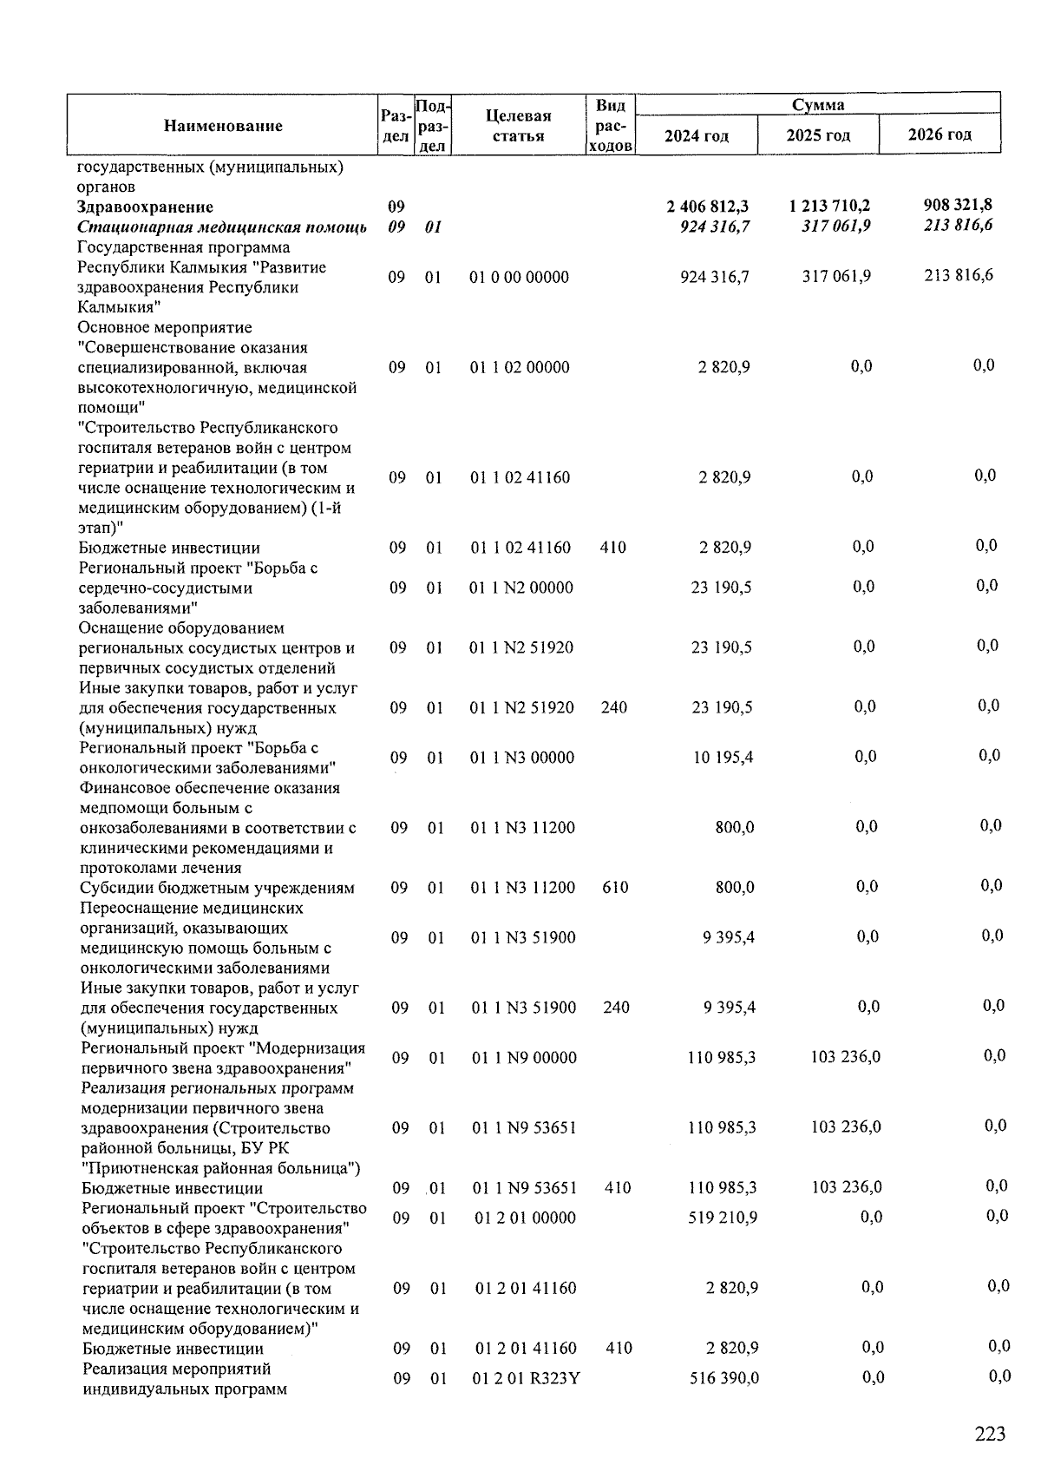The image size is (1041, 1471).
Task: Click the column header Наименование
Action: (223, 126)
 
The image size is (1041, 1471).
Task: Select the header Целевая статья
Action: (519, 126)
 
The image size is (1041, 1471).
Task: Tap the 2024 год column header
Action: (697, 136)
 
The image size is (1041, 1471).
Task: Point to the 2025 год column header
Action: (818, 135)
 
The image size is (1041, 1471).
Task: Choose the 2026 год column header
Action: (940, 135)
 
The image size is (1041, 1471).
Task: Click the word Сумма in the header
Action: (818, 105)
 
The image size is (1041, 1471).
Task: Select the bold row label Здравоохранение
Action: (145, 207)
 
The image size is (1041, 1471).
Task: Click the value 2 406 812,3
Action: (708, 207)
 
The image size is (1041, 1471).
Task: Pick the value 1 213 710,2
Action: (829, 207)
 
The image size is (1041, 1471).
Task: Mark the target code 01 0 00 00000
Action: (519, 278)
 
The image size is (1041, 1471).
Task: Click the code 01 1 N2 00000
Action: (521, 588)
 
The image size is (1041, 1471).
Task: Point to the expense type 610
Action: (615, 888)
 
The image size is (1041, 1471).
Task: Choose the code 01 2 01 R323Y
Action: (527, 1378)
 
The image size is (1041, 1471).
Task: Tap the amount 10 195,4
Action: (723, 758)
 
